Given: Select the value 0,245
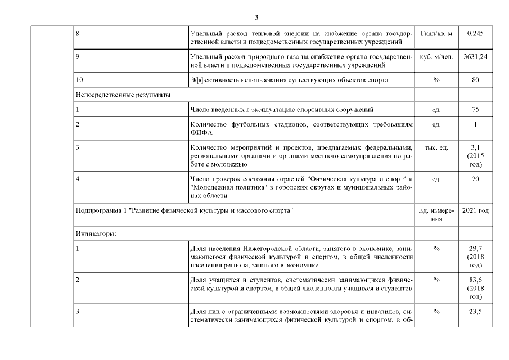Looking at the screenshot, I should point(475,34).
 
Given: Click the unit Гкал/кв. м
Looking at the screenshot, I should point(436,34).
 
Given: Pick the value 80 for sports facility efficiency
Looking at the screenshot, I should point(475,80).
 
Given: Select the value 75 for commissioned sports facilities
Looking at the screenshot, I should point(475,110).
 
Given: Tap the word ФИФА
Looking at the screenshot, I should point(200,132).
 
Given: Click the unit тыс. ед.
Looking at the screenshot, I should point(436,148).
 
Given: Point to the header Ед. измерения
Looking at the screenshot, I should point(436,214).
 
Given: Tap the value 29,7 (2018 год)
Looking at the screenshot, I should point(475,256).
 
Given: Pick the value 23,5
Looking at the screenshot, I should point(475,313).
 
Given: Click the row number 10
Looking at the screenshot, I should point(79,80).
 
